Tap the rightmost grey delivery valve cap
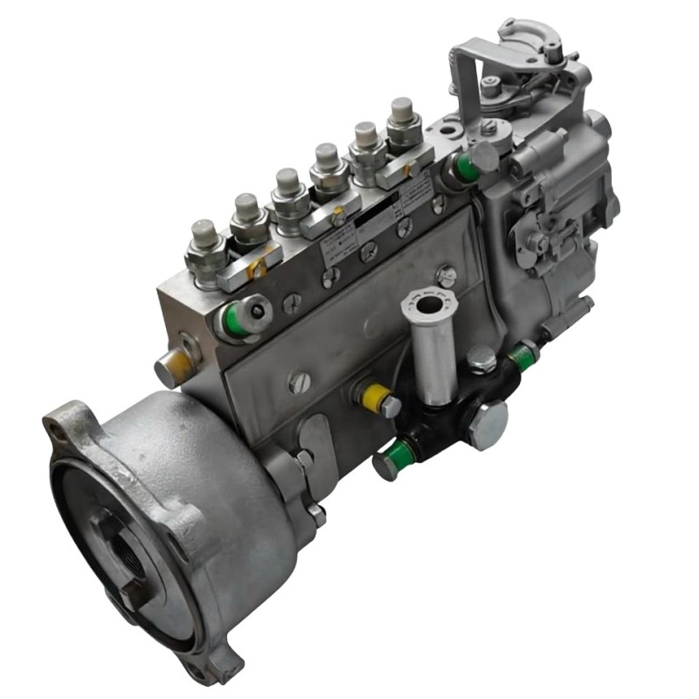tap(402, 111)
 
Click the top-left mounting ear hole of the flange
tap(66, 423)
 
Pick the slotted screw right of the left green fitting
tap(291, 303)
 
